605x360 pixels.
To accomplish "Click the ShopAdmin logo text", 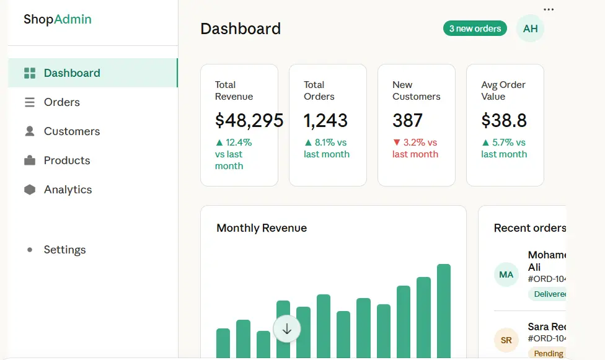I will click(58, 19).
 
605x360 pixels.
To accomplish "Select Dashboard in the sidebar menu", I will click(72, 73).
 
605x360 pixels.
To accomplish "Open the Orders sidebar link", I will click(62, 102).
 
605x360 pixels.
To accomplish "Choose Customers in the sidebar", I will click(72, 131).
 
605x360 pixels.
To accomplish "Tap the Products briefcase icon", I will click(30, 160).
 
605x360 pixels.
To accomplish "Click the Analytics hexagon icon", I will click(30, 190).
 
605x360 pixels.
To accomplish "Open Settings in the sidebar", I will click(64, 250).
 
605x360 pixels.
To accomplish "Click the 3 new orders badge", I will click(475, 29).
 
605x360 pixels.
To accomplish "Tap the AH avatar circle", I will click(530, 29).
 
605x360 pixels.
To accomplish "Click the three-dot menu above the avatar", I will click(549, 9).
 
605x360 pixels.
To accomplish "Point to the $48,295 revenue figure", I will click(249, 120).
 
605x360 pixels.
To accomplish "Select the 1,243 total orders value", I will click(325, 120).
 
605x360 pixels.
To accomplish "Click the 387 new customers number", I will click(407, 120).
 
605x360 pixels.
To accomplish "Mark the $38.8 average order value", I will click(504, 120).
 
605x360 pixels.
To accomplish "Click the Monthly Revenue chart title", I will click(262, 228).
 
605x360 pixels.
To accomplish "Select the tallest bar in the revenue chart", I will click(444, 310).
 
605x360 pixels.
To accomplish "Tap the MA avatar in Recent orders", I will click(506, 274).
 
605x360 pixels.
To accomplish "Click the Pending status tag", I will click(549, 354).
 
